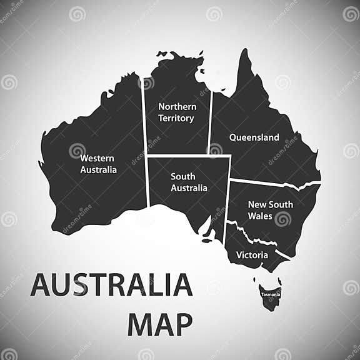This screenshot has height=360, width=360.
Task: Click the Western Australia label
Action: point(98,164)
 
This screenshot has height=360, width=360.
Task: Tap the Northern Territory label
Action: point(177,112)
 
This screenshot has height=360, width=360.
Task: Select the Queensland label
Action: point(254,137)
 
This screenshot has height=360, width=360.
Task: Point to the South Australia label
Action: point(189,182)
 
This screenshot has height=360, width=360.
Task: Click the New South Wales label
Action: point(271,209)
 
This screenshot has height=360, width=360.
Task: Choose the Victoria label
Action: point(252,255)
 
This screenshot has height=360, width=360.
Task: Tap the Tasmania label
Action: point(271,294)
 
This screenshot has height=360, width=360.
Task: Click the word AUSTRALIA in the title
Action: point(111,285)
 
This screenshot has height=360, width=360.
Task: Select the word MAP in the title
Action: point(159,325)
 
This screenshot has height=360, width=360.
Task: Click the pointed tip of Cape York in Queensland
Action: point(244,51)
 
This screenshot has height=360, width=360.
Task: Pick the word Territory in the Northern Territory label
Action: point(176,117)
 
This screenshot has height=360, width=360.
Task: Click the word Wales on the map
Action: point(260,216)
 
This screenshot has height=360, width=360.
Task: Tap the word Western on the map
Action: point(97,158)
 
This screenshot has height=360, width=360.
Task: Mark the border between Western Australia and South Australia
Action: point(147,181)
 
